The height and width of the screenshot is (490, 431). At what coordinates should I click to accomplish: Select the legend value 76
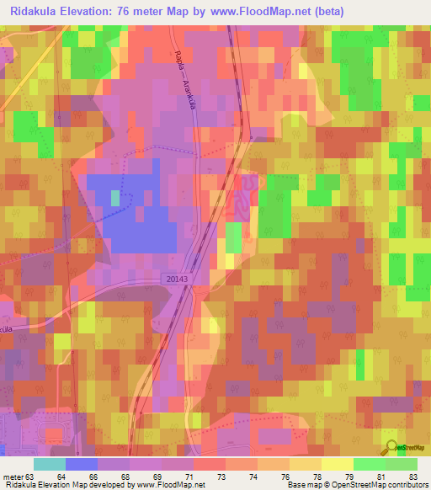click(285, 477)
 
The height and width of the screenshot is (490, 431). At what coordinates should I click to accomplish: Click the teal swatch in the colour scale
click(49, 464)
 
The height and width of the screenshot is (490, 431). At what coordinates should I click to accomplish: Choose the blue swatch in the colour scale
click(81, 464)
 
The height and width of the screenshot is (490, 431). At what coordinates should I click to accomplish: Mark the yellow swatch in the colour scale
click(337, 464)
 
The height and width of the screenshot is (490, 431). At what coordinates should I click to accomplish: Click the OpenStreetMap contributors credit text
click(384, 486)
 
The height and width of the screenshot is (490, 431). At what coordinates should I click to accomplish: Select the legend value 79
click(349, 477)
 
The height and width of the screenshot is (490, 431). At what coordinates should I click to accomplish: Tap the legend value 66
click(93, 477)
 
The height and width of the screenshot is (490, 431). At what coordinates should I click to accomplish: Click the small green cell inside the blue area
click(114, 198)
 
